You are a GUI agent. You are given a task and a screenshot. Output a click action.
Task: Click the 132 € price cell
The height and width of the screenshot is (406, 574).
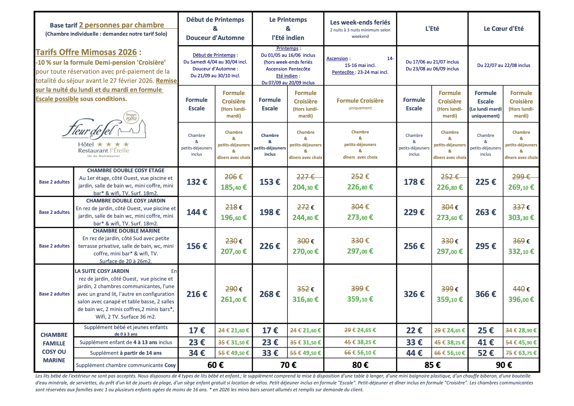pos(197,182)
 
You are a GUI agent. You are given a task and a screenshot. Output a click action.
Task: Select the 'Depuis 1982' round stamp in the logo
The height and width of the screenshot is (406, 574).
pos(131,117)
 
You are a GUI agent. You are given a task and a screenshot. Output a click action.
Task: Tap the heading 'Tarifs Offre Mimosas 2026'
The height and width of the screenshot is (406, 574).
pos(86,52)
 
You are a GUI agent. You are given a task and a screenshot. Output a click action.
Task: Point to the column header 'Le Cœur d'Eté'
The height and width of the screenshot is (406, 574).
pos(504,29)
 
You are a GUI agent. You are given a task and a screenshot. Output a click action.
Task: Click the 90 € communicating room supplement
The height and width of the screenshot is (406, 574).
pos(504,365)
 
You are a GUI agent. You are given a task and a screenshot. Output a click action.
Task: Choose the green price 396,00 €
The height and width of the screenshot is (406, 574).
pos(521,299)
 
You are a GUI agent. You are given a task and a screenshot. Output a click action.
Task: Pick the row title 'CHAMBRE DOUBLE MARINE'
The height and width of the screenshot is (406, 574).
pos(126,231)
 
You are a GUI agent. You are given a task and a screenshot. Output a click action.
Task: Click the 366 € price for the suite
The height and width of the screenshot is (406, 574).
pos(486,294)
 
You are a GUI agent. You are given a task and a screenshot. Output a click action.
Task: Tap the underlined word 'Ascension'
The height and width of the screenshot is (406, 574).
pos(337,59)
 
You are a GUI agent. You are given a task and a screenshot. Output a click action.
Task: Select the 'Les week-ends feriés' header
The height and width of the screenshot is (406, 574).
pos(360,22)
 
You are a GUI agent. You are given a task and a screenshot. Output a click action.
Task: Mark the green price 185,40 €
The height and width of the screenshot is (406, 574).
pos(234,187)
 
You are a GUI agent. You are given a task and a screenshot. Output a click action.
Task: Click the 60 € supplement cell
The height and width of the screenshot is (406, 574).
pos(215,365)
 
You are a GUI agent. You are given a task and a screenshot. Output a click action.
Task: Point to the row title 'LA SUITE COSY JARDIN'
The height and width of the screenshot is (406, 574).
pos(102,271)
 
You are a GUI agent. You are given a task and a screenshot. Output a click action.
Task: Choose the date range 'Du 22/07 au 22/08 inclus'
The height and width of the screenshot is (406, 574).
pos(504,65)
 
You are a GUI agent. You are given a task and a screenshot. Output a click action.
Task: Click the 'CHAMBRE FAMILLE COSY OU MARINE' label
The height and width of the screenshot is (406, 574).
pos(54,347)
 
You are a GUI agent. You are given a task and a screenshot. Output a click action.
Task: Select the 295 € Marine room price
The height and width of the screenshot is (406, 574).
pos(486,246)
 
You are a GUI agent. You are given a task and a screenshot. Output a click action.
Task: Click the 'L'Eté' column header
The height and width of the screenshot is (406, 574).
pos(432,29)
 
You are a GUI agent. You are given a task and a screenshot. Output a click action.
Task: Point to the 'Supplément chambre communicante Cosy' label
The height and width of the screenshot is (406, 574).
pos(126,365)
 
